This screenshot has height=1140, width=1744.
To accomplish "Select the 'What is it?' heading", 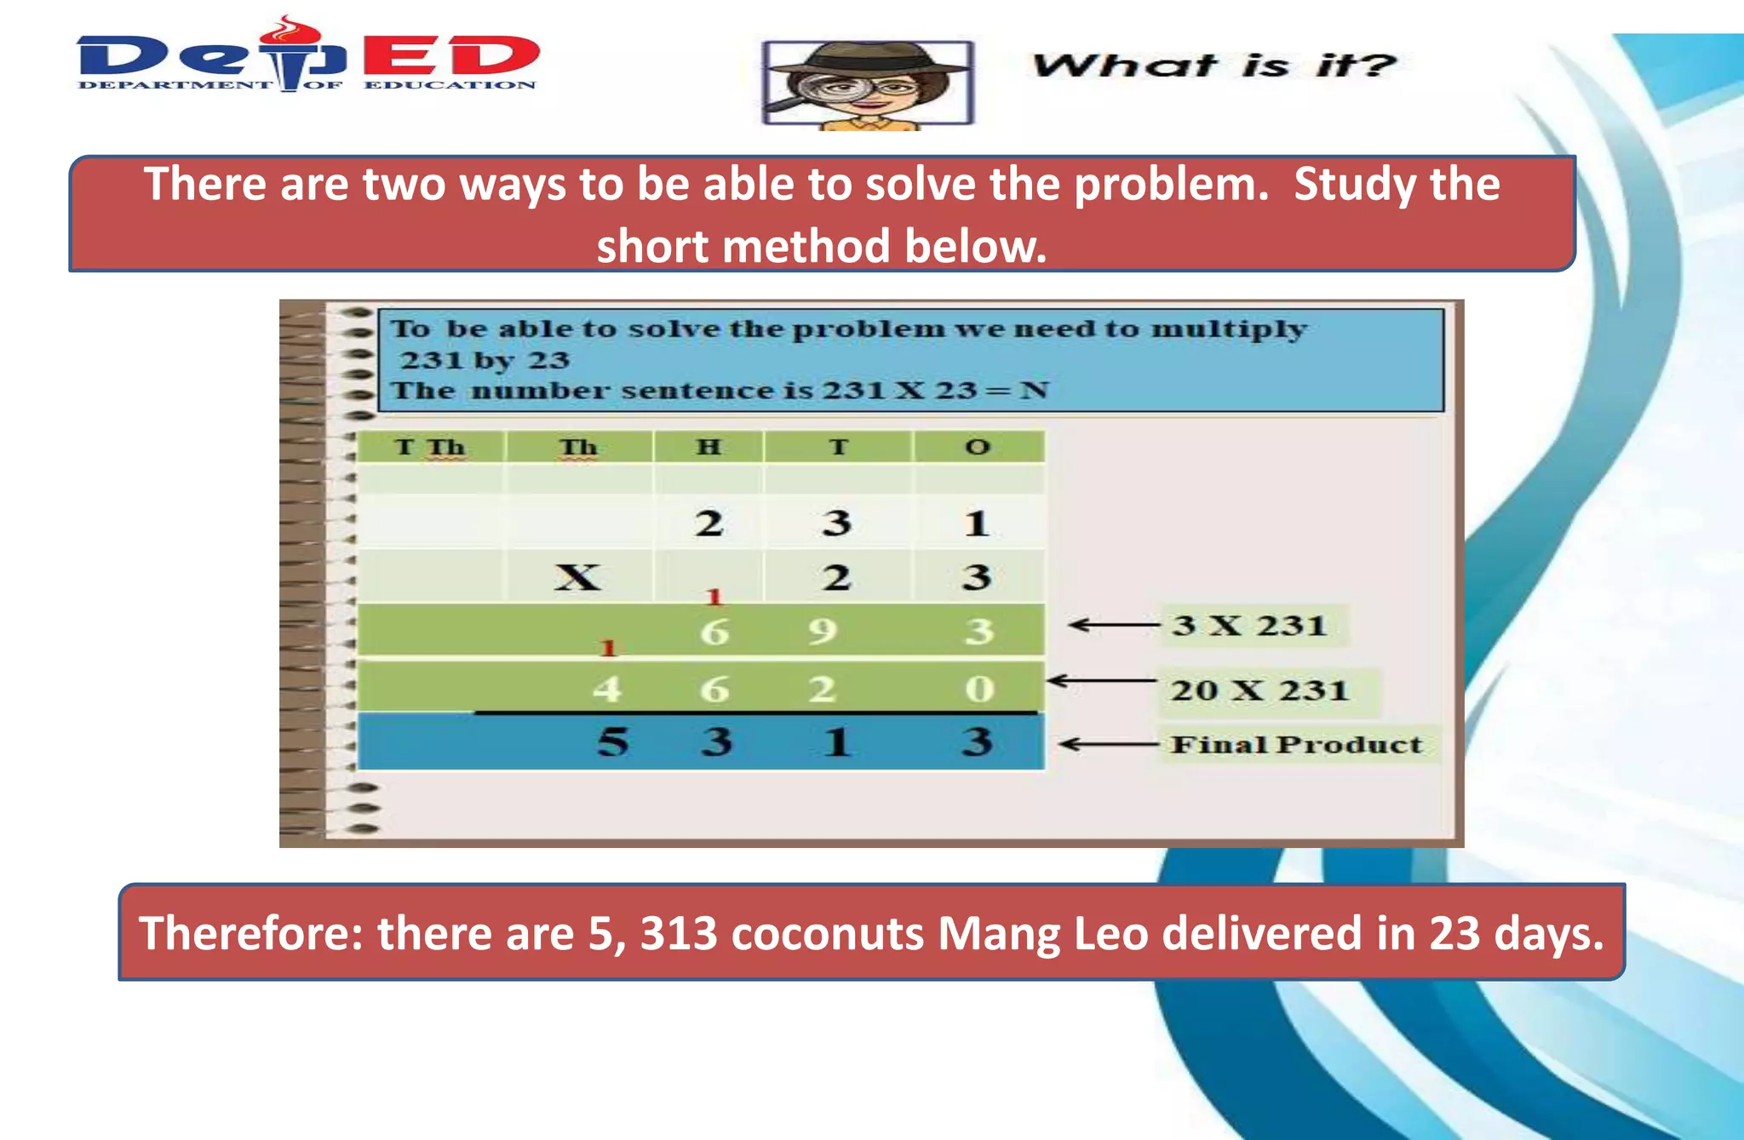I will click(x=1213, y=66).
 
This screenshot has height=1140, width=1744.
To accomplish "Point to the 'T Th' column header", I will click(x=429, y=447).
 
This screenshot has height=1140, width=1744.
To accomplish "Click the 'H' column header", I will click(x=708, y=447).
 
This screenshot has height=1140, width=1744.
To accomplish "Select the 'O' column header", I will click(x=978, y=447).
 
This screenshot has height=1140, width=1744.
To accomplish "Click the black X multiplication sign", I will click(x=577, y=577).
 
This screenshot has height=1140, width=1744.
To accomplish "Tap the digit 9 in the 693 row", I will click(x=823, y=632).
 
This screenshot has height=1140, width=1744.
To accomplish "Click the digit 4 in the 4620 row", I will click(x=606, y=689).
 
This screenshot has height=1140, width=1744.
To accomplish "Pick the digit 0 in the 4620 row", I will click(x=978, y=689).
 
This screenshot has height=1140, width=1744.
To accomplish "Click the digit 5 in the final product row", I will click(x=612, y=742).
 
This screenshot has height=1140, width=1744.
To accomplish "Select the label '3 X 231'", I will click(x=1248, y=626).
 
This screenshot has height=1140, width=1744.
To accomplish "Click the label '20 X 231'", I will click(x=1259, y=690).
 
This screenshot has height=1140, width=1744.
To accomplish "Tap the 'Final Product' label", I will click(x=1295, y=745).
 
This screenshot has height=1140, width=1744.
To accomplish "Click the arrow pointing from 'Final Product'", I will click(x=1107, y=745).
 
